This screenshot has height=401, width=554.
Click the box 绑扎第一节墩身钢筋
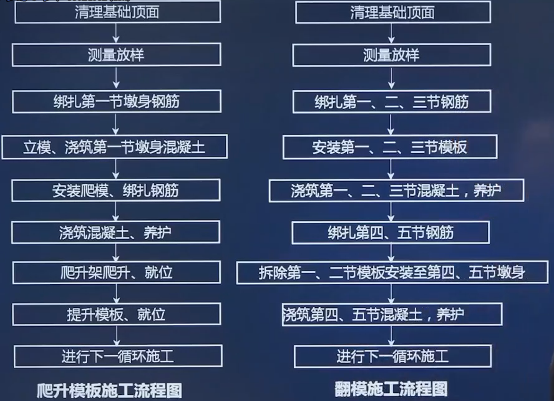pos(116,101)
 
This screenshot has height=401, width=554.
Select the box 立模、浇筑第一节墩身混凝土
pos(114,147)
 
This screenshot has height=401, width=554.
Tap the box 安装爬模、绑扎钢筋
pos(116,191)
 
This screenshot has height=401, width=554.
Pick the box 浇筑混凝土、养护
pos(116,232)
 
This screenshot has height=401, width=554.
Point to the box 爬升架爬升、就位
pos(117,273)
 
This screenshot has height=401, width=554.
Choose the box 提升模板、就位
pos(117,314)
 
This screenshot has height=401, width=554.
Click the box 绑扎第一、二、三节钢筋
pos(392,101)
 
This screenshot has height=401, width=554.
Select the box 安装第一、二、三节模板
pos(390,147)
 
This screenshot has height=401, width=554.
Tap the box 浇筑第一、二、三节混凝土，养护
pos(396,191)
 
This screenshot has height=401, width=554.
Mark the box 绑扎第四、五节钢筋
pos(391,232)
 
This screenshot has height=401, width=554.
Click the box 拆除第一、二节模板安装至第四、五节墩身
pos(392,272)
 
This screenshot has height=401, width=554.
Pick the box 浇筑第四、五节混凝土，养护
pos(392,314)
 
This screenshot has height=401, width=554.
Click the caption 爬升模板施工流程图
pos(109,390)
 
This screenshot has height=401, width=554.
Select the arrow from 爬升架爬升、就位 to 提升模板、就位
pos(117,294)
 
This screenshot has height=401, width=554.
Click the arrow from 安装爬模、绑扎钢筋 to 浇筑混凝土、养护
pos(117,211)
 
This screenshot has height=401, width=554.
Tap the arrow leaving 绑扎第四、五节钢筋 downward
pos(391,252)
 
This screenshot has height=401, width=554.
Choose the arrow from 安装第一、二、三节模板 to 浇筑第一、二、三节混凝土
pos(391,169)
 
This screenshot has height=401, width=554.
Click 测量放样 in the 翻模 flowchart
pos(392,55)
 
